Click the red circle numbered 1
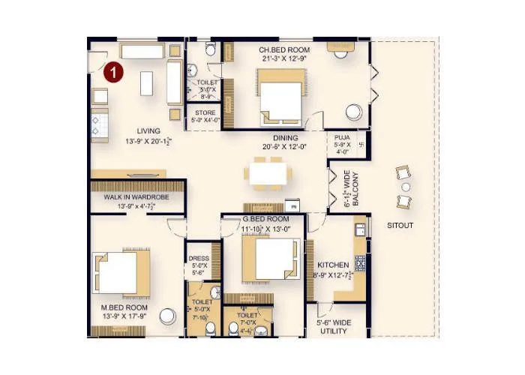(112, 72)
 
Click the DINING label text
(285, 138)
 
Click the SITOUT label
(400, 225)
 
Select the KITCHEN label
(331, 265)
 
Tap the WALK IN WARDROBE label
(136, 197)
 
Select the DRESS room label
(199, 258)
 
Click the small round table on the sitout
(406, 187)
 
